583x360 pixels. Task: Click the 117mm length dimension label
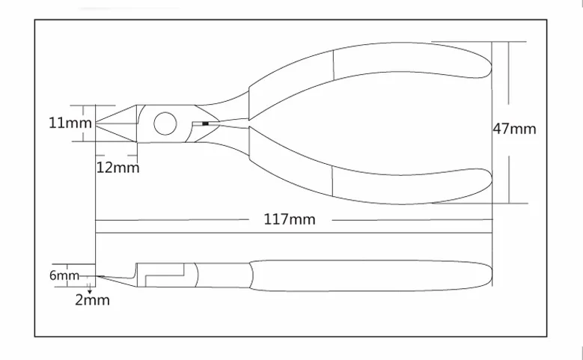coord(290,219)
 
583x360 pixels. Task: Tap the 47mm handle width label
coord(514,129)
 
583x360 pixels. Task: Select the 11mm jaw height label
coord(70,123)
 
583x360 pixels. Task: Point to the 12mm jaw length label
coord(117,168)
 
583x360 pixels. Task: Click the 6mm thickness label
coord(64,275)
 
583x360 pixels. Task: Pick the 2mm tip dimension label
coord(92,300)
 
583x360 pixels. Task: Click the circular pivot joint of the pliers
coord(165,123)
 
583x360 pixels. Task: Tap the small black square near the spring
coord(205,123)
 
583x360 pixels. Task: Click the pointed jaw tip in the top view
coord(97,123)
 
